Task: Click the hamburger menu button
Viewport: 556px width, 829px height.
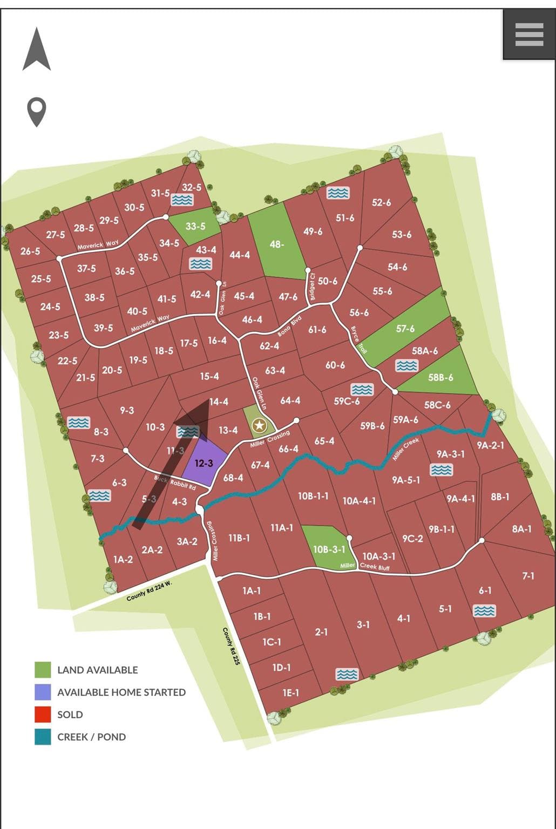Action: coord(529,35)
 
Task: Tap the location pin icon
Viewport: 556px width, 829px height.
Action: coord(37,111)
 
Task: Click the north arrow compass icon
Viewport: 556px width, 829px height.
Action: coord(37,50)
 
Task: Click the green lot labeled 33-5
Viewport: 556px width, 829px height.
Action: coord(195,226)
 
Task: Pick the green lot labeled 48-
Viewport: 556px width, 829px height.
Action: coord(276,243)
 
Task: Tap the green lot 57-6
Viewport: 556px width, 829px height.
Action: coord(406,328)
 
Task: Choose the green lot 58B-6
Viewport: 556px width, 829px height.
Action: coord(440,377)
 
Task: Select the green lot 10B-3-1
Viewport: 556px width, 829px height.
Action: coord(328,548)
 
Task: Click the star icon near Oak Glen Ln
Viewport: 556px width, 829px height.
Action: coord(260,425)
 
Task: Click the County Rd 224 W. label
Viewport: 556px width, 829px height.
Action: coord(149,592)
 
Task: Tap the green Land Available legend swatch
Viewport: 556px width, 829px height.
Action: coord(43,670)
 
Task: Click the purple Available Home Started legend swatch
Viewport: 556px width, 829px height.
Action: coord(43,692)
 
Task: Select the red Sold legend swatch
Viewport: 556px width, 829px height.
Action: coord(43,714)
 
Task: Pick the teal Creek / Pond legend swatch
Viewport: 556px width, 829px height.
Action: coord(43,737)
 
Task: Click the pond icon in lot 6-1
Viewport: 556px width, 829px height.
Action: coord(484,610)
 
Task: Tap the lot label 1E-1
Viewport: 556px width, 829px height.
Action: coord(290,692)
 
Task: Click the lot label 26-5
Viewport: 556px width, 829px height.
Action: coord(30,251)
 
